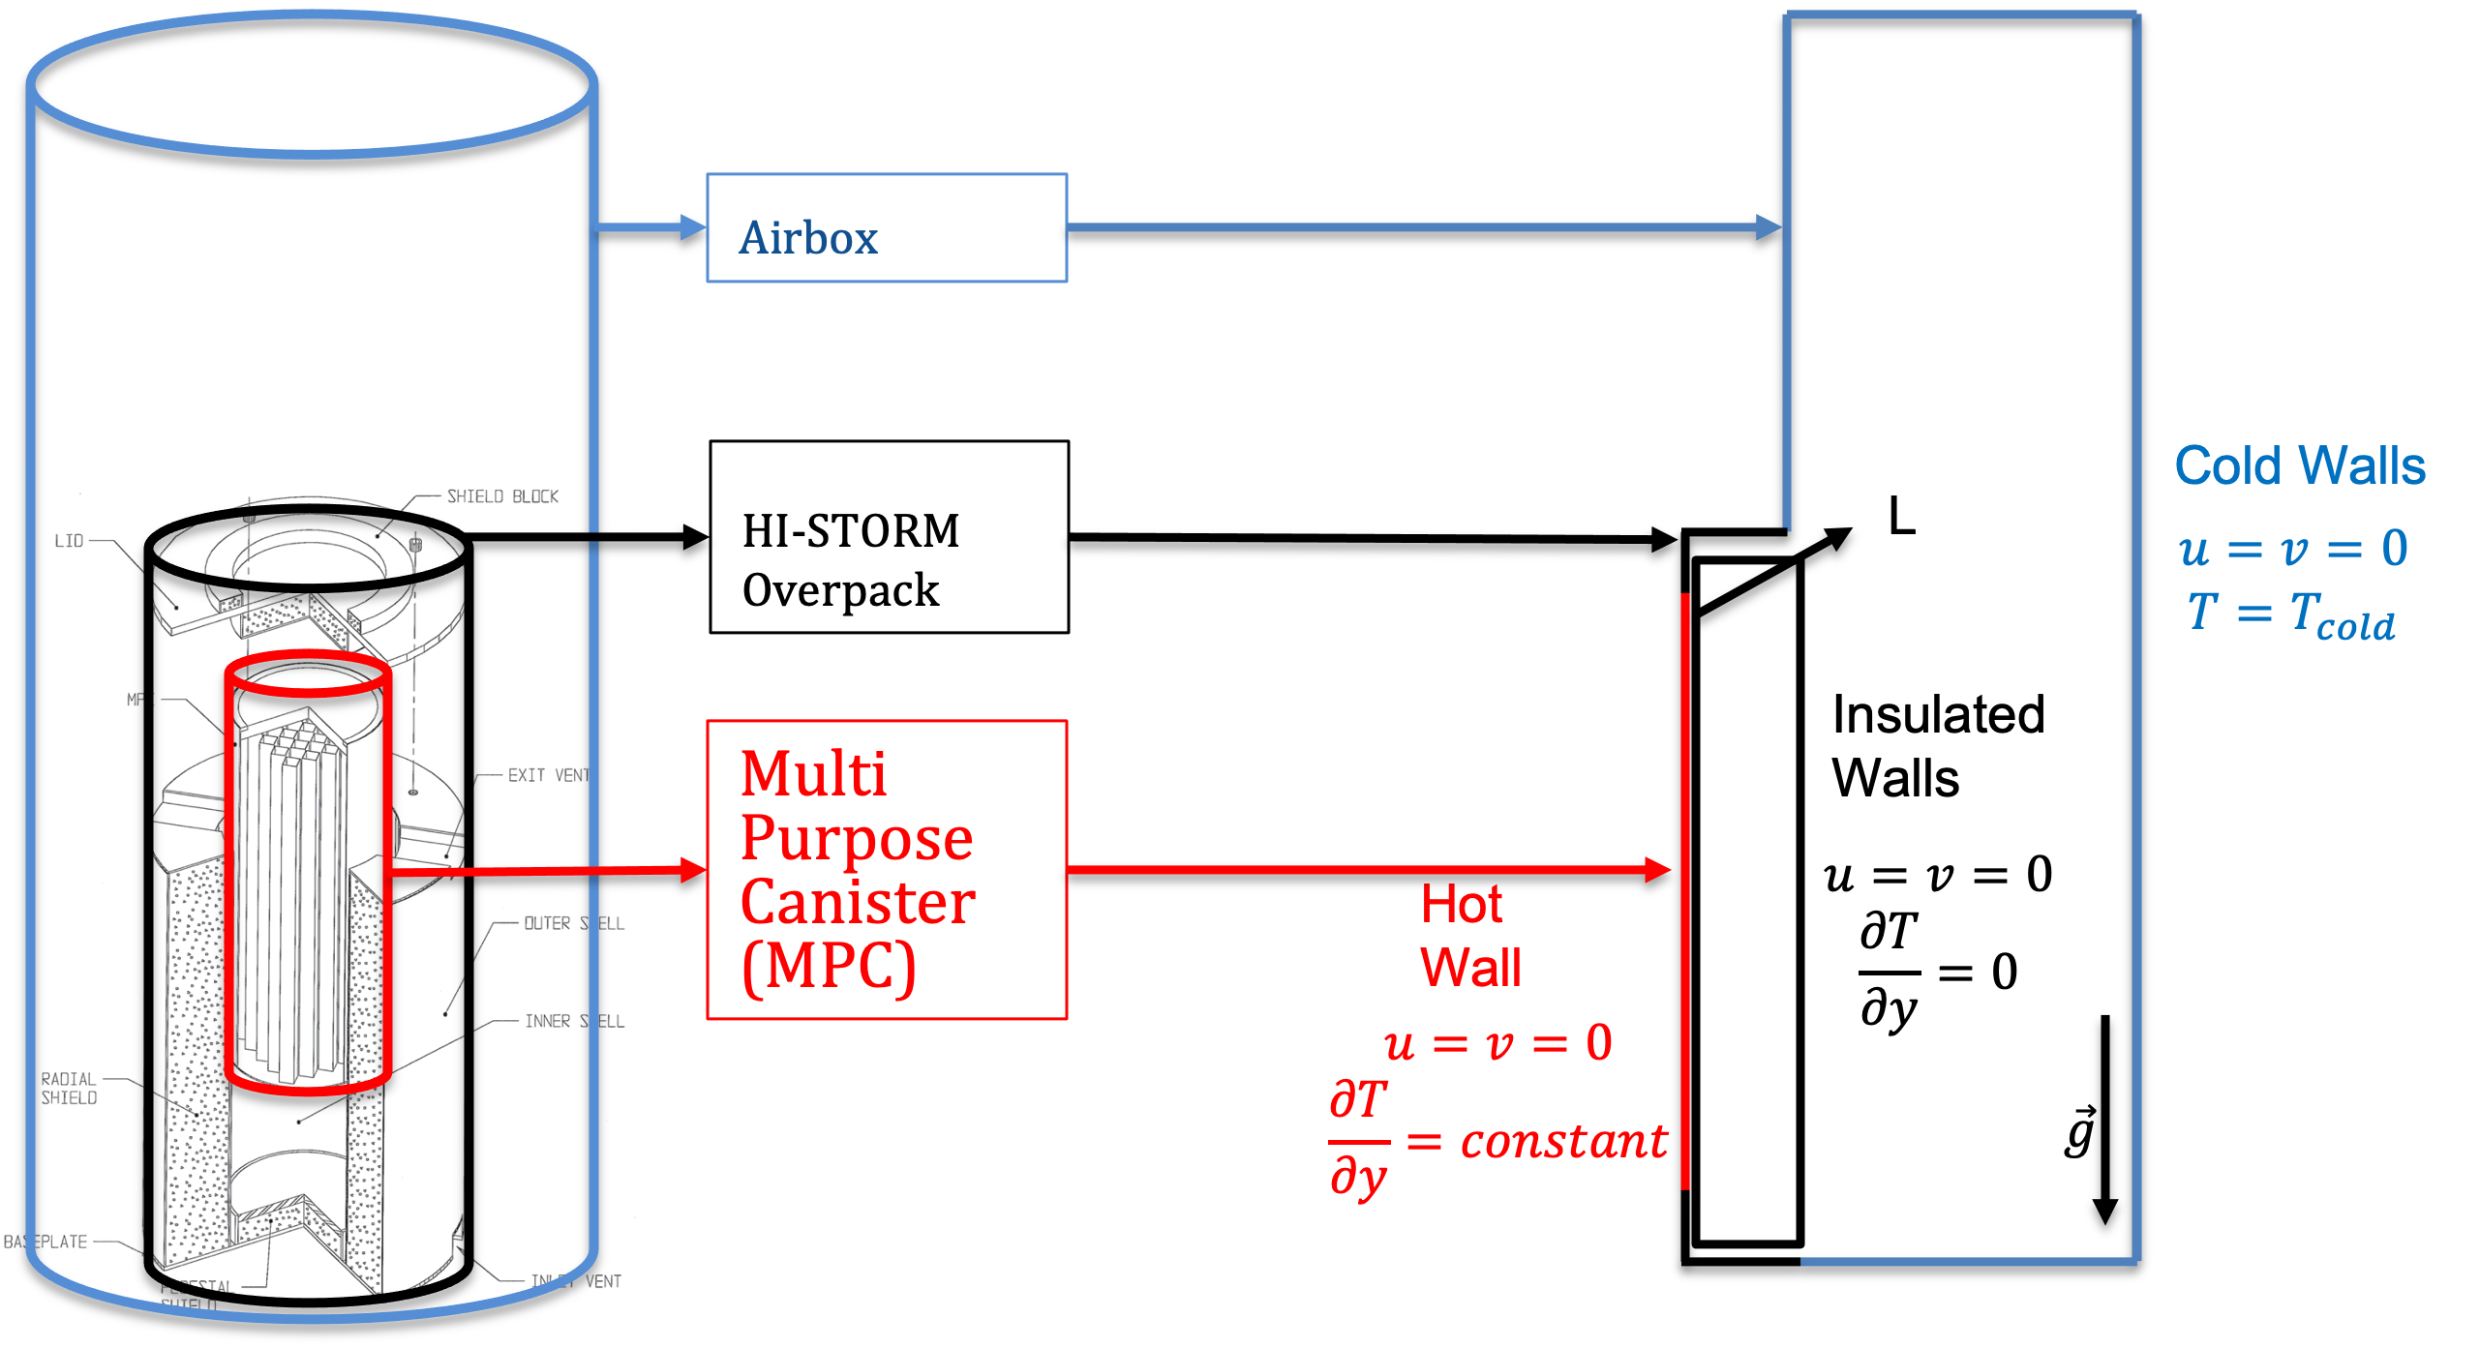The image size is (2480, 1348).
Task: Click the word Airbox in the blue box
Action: pos(808,238)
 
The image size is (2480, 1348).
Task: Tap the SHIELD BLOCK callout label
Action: pos(502,496)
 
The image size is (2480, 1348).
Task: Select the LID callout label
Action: pos(69,541)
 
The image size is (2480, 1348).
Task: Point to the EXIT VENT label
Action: pos(548,775)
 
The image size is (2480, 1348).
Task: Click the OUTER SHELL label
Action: pos(573,923)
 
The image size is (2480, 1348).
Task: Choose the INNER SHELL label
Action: pos(574,1021)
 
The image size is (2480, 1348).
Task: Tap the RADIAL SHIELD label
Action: pos(69,1088)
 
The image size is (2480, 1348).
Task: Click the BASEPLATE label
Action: pos(45,1242)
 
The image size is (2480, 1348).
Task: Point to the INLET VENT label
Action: pos(576,1281)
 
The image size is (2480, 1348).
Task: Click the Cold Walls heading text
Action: pos(2300,465)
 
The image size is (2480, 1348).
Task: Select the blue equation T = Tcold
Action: pos(2290,614)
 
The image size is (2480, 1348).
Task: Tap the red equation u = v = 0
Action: pos(1497,1043)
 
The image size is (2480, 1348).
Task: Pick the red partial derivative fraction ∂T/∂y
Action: pos(1358,1140)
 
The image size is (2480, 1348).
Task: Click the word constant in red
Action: pos(1563,1142)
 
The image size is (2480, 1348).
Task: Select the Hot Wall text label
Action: pos(1468,936)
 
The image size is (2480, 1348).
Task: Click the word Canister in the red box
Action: pos(858,902)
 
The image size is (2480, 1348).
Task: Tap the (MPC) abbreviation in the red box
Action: pos(829,966)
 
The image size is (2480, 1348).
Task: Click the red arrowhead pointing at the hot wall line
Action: pos(1658,869)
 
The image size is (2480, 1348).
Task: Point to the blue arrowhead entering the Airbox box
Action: pos(693,227)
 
